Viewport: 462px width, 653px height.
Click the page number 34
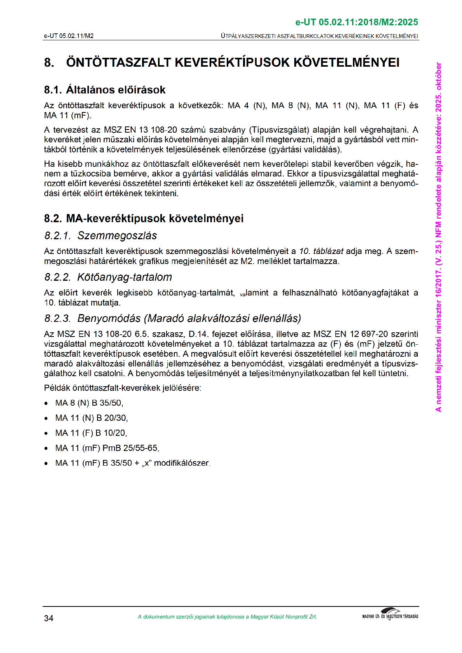pos(49,618)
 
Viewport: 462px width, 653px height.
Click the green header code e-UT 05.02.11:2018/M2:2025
pos(356,22)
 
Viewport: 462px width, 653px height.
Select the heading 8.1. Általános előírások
pos(105,90)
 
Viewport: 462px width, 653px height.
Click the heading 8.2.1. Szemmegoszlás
pos(101,236)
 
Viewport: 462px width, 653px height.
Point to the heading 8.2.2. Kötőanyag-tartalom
pos(108,277)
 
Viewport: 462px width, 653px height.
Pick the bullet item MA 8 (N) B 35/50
pos(89,403)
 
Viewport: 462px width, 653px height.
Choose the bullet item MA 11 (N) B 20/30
pos(91,418)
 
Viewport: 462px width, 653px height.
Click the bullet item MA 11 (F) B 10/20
pos(91,433)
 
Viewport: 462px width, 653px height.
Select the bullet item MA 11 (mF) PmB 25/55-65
pos(107,448)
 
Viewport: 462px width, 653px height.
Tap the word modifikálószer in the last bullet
pos(182,463)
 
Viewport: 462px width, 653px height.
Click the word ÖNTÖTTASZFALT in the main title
pos(118,62)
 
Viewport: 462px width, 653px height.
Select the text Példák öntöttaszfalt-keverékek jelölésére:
pos(123,388)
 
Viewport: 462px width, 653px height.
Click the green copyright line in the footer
pos(227,617)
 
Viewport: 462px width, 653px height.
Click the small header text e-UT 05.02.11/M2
pos(69,36)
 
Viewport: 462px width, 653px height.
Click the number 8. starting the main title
pos(49,62)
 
